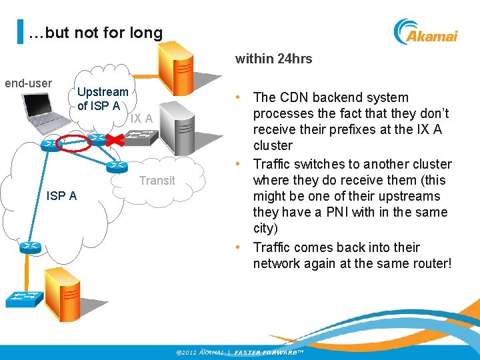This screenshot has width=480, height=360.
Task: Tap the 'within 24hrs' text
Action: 273,59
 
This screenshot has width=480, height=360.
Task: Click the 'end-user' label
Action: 28,83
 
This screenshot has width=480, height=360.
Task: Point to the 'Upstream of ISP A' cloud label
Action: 103,99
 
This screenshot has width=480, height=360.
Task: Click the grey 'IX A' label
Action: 141,119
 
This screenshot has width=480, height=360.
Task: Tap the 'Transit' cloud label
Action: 157,180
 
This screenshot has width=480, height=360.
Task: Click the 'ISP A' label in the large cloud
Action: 61,195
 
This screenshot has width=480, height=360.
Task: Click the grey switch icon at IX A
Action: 142,138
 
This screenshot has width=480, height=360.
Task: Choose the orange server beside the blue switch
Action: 62,293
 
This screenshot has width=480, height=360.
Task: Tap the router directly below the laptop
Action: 49,145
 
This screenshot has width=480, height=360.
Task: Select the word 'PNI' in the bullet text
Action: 351,212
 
